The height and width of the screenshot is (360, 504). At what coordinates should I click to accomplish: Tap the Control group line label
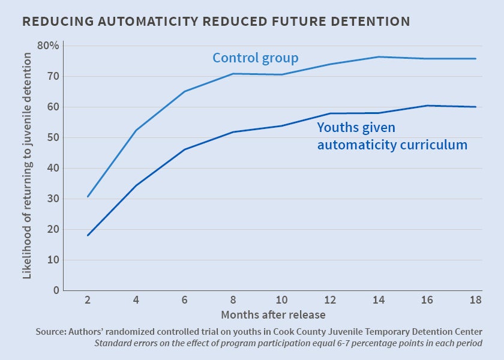point(256,58)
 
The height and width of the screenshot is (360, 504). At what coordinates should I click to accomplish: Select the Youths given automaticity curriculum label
point(392,136)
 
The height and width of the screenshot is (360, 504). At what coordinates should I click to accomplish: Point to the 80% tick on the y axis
point(49,46)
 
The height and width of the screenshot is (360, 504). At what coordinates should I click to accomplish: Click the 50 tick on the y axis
point(52,137)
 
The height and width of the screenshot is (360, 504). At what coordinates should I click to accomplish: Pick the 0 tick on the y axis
point(56,290)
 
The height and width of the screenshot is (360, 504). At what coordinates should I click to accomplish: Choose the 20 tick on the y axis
point(52,229)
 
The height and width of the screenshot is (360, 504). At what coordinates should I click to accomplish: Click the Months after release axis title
point(274,314)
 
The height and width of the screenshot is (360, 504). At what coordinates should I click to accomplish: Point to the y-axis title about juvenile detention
point(27,165)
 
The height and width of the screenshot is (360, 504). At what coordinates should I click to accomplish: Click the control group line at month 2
point(88,196)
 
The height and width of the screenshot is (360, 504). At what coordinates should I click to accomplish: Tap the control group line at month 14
point(379,57)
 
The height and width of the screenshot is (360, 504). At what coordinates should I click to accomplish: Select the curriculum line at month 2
point(88,235)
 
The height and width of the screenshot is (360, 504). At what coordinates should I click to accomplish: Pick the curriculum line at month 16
point(427,106)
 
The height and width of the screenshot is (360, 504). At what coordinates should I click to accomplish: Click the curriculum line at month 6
point(185,149)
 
